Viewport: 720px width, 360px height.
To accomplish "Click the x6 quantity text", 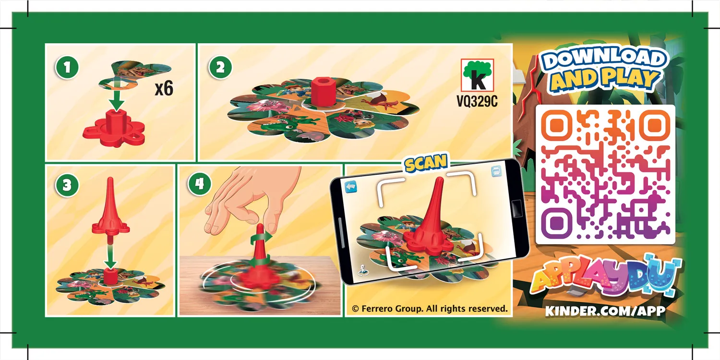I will click(163, 89).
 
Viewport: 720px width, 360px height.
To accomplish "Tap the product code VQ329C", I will click(477, 102).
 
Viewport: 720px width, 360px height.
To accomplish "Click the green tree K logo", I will click(477, 75).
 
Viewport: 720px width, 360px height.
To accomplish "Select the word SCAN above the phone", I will click(426, 164).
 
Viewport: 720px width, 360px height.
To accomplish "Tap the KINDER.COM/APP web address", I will click(605, 311).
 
